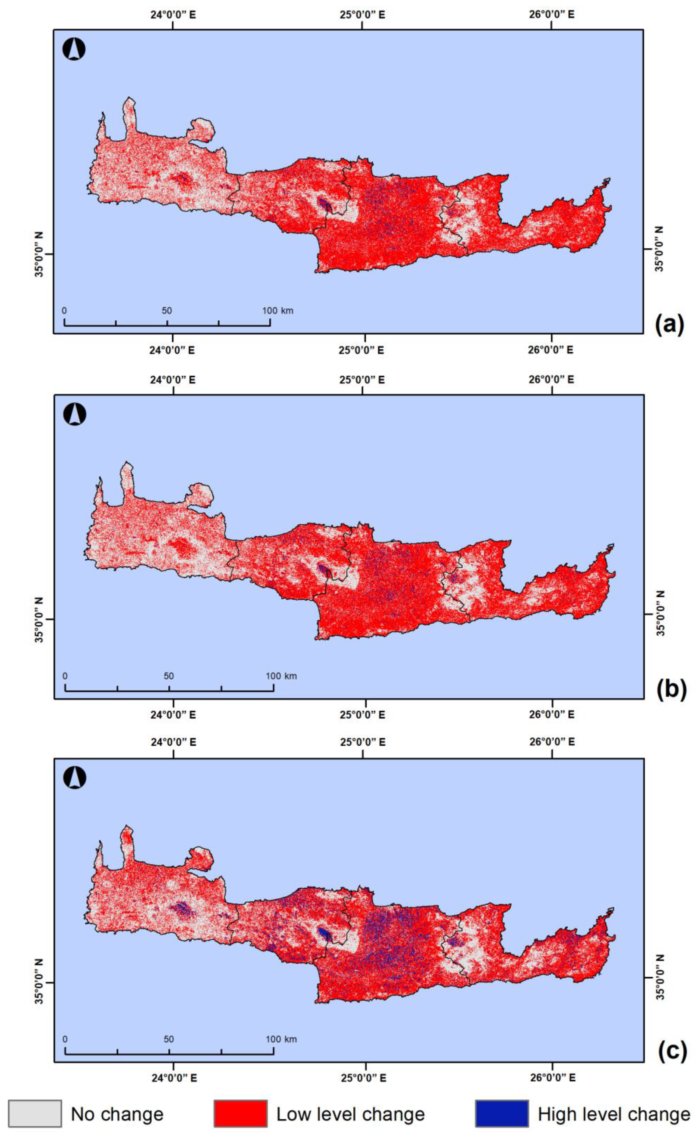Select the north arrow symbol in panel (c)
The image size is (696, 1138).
pyautogui.click(x=74, y=778)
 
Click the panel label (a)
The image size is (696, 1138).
pyautogui.click(x=669, y=325)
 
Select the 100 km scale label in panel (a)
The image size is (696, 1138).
pyautogui.click(x=278, y=310)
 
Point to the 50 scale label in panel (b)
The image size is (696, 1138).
pyautogui.click(x=169, y=676)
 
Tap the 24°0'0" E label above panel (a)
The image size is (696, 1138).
pyautogui.click(x=173, y=14)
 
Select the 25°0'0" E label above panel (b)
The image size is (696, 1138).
pyautogui.click(x=362, y=380)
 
